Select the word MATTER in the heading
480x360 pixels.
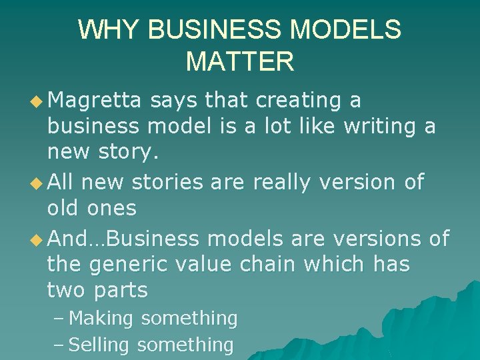point(240,61)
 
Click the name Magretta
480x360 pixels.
point(95,101)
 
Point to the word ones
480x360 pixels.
point(111,208)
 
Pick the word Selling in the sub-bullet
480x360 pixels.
point(100,345)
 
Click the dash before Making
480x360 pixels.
point(59,319)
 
